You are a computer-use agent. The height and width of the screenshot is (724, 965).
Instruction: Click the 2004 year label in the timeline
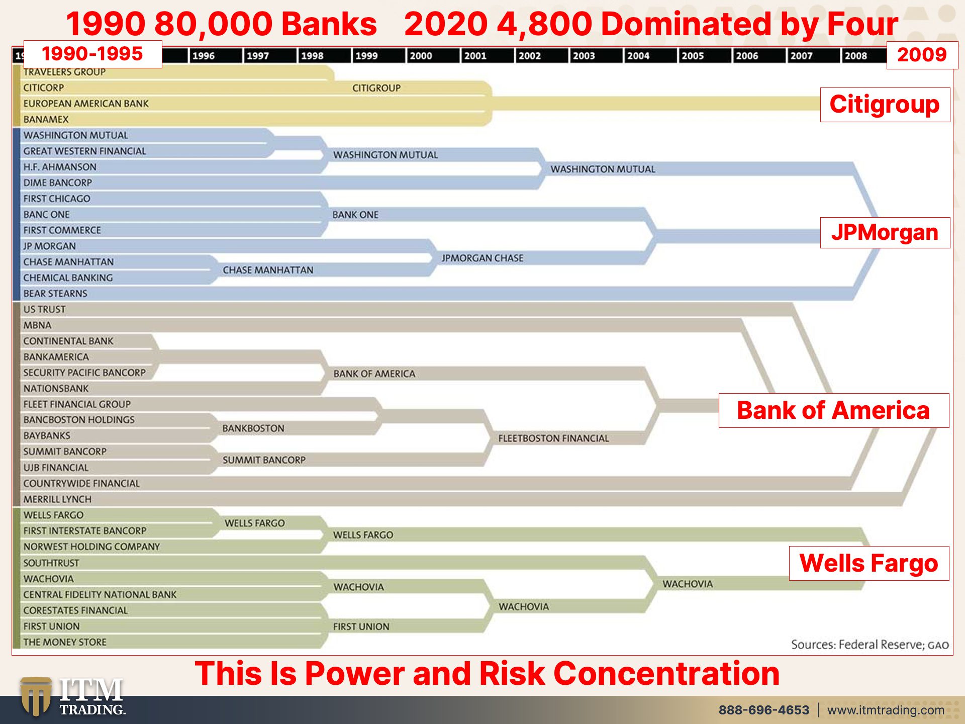coord(638,56)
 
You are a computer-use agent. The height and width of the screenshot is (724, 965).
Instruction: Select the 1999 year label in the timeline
coord(366,56)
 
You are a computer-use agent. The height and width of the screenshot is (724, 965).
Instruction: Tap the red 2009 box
coord(922,55)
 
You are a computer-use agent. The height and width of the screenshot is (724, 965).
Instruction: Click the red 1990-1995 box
coord(92,54)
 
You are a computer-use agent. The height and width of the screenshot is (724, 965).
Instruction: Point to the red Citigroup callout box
coord(885,105)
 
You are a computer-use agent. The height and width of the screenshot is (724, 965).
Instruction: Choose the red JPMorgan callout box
coord(885,233)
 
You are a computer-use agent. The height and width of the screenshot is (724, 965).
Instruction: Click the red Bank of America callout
coord(834,410)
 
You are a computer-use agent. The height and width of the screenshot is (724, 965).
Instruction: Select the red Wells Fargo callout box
coord(869,563)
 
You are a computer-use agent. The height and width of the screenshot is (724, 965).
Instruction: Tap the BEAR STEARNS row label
coord(55,294)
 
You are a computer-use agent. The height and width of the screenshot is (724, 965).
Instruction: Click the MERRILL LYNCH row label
coord(57,499)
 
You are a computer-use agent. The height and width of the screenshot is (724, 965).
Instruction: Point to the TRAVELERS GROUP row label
coord(64,72)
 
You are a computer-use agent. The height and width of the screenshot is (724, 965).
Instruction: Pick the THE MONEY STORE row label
coord(65,642)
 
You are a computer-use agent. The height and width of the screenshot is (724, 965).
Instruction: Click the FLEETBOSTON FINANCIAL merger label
coord(553,438)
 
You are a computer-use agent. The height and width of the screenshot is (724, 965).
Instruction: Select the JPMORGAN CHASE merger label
coord(482,258)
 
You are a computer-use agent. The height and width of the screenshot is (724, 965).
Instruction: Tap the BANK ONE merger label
coord(355,215)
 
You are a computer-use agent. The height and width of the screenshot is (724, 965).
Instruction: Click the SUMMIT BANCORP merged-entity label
coord(264,460)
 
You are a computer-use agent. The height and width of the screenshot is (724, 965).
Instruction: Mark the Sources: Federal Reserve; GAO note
coord(870,645)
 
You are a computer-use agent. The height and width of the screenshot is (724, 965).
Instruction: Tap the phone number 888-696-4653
coord(764,710)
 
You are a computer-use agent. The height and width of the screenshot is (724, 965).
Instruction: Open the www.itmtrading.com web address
coord(886,710)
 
